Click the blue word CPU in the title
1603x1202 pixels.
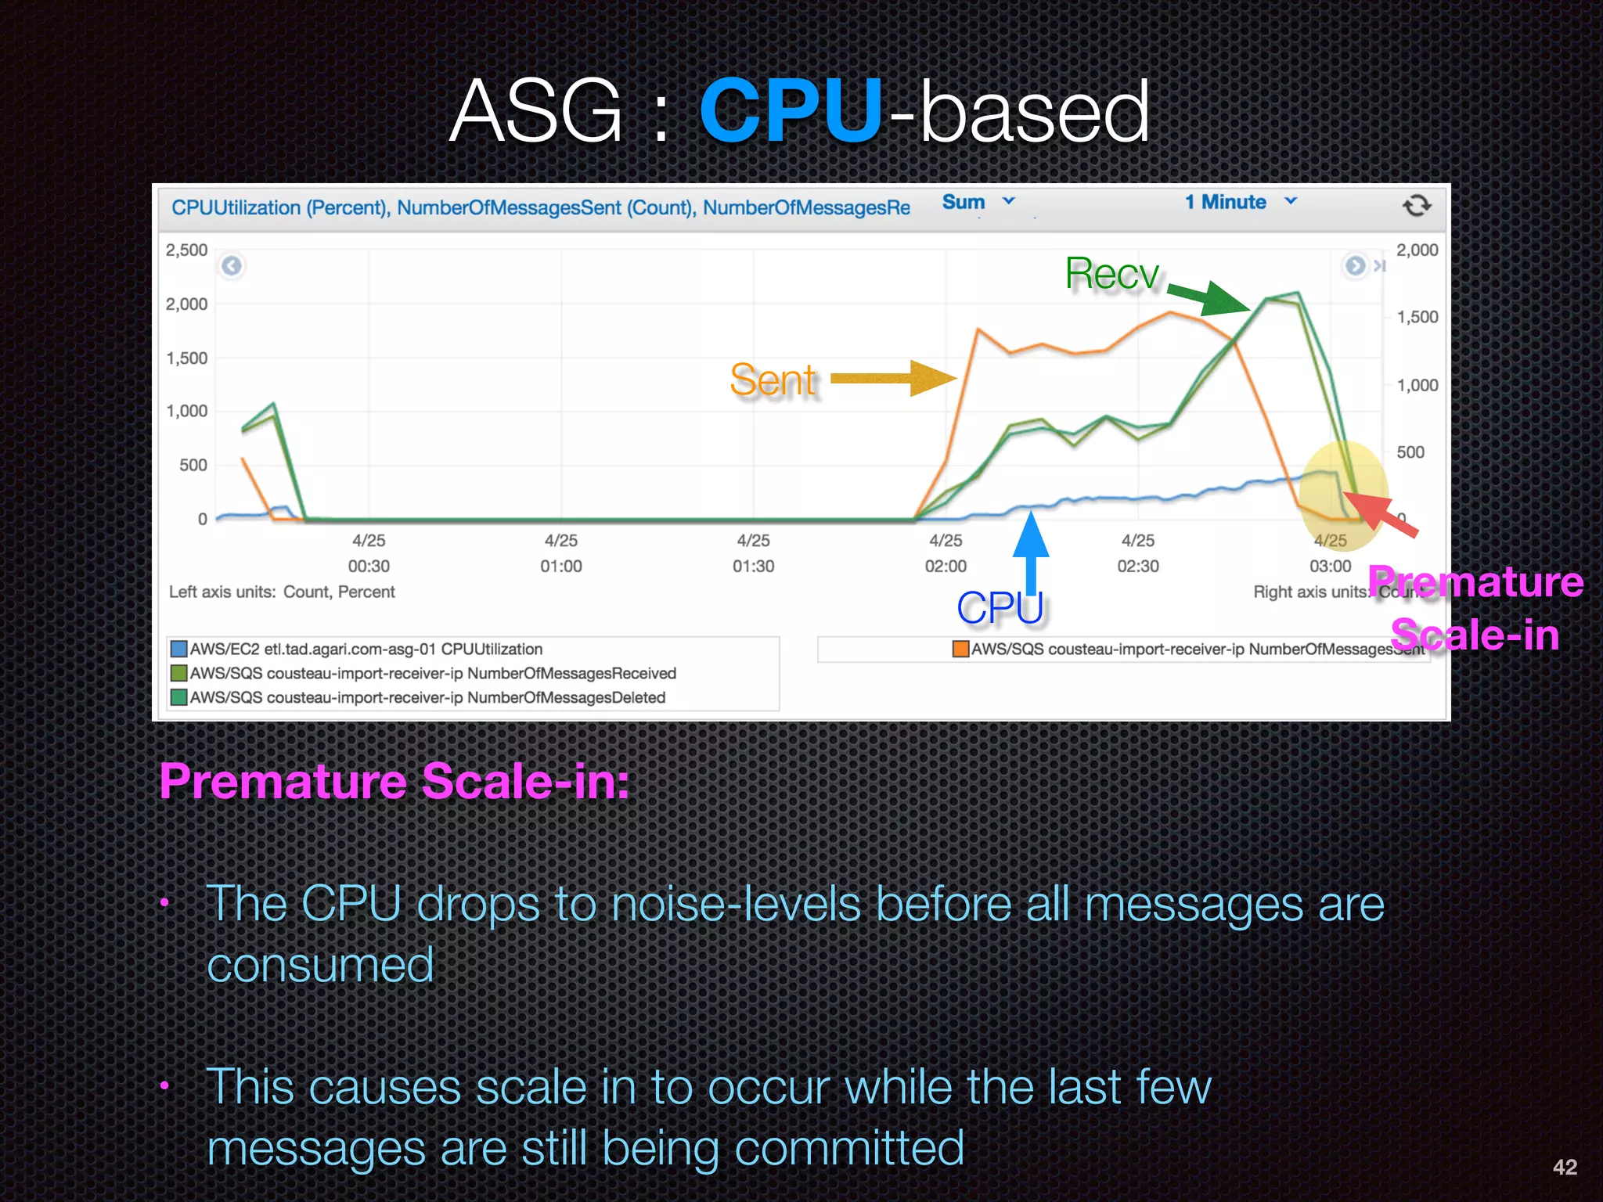(x=791, y=112)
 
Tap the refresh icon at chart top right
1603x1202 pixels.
(x=1416, y=206)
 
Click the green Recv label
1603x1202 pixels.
(x=1111, y=275)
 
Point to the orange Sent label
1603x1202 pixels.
(x=772, y=380)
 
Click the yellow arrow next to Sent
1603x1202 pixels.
(x=892, y=379)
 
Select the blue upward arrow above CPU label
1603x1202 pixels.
(x=1031, y=548)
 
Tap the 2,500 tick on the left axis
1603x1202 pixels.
(x=186, y=250)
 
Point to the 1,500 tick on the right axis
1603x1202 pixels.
(x=1417, y=318)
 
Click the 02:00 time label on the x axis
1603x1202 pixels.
(x=946, y=566)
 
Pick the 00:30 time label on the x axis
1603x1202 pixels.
(x=369, y=566)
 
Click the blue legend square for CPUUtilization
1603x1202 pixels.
(x=179, y=649)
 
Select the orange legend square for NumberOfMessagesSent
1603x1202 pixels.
(x=960, y=649)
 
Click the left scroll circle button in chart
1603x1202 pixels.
(x=232, y=266)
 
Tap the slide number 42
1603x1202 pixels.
(x=1565, y=1167)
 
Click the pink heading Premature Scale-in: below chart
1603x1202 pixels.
(x=394, y=781)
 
